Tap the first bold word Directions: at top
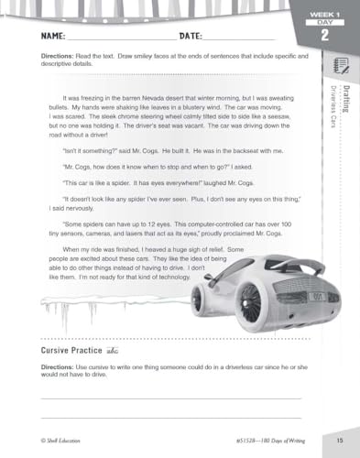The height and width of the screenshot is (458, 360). pos(57,57)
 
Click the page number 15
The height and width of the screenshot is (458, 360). pos(338,441)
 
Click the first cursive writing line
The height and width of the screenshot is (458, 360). pos(170,398)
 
